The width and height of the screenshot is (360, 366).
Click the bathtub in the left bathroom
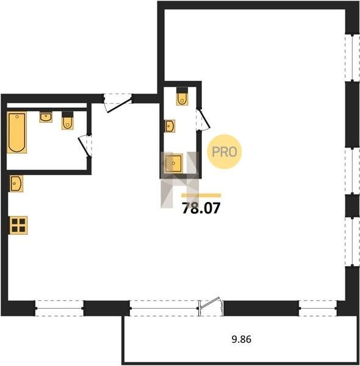(x=17, y=132)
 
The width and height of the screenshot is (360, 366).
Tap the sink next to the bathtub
(x=46, y=117)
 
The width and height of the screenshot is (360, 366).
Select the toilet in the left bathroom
(x=68, y=120)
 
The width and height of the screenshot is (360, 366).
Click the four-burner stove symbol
(x=18, y=225)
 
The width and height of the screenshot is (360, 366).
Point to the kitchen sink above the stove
(x=16, y=184)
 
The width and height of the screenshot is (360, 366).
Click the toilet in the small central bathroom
(x=182, y=96)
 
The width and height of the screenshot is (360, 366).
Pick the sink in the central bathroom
(x=170, y=126)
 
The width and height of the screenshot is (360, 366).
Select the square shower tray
(x=173, y=163)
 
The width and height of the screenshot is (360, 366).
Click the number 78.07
(x=201, y=208)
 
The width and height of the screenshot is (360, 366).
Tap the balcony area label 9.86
(x=242, y=339)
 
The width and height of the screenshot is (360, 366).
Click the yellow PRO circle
(x=225, y=152)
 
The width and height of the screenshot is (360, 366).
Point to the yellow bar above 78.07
(x=201, y=196)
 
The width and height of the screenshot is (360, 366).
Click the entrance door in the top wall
(x=118, y=102)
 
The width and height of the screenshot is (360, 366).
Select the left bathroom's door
(x=85, y=146)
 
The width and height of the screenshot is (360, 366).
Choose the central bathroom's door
(x=203, y=120)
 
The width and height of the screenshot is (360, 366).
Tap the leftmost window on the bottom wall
(x=60, y=308)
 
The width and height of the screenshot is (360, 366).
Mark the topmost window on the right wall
(x=352, y=58)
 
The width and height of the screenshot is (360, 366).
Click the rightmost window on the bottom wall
(x=318, y=308)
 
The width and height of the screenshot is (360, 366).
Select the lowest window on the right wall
(x=352, y=242)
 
